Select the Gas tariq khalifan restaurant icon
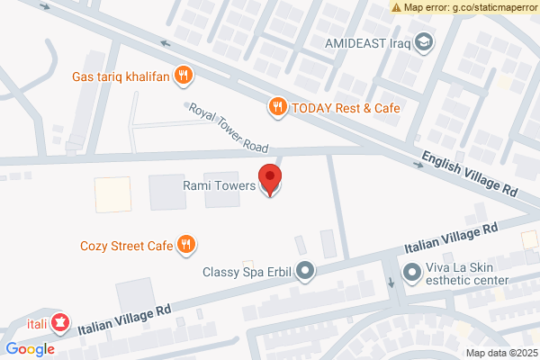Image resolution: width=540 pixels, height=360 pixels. point(184,75)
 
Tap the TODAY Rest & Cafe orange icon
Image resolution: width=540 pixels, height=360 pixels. point(278,107)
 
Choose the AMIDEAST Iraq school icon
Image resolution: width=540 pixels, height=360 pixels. point(423,42)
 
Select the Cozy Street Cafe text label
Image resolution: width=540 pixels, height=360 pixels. point(126,244)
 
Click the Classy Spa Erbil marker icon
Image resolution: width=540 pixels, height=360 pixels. point(306,270)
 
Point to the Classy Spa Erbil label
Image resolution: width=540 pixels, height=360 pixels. point(247,271)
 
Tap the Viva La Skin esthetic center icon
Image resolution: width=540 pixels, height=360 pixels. point(411,270)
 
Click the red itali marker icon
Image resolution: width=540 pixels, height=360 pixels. point(60,320)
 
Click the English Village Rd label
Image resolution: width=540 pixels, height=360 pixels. point(471,176)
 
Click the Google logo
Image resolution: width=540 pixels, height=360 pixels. point(30,349)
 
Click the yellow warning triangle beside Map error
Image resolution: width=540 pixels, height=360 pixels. point(396,7)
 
